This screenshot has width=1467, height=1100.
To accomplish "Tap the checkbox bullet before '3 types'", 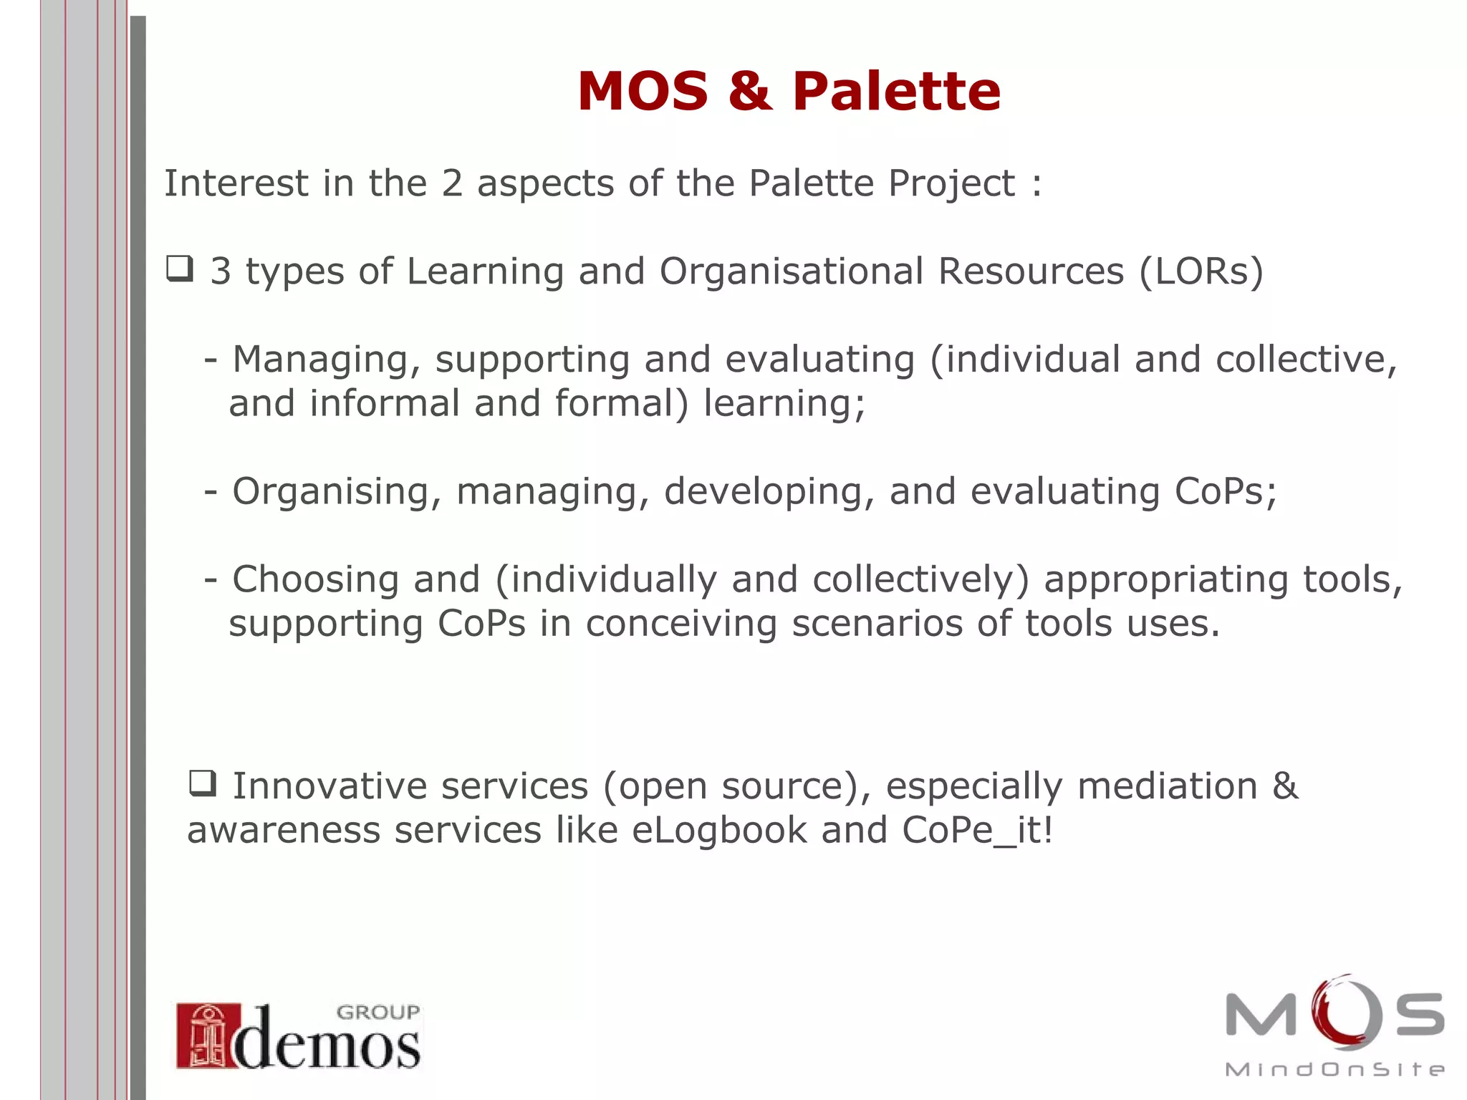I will click(x=179, y=269).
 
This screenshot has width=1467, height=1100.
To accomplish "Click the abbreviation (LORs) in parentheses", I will click(x=1201, y=271).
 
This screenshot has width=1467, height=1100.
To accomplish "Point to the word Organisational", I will click(x=791, y=271).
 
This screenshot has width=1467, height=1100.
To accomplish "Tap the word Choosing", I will click(x=315, y=579).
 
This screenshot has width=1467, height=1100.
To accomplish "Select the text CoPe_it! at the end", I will click(x=977, y=831).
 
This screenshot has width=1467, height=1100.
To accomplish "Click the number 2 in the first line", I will click(x=452, y=183).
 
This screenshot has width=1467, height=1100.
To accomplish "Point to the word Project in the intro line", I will click(x=951, y=184).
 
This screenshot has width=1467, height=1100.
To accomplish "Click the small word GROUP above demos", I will click(x=377, y=1012).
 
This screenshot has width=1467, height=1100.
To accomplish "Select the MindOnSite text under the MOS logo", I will click(x=1334, y=1070).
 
